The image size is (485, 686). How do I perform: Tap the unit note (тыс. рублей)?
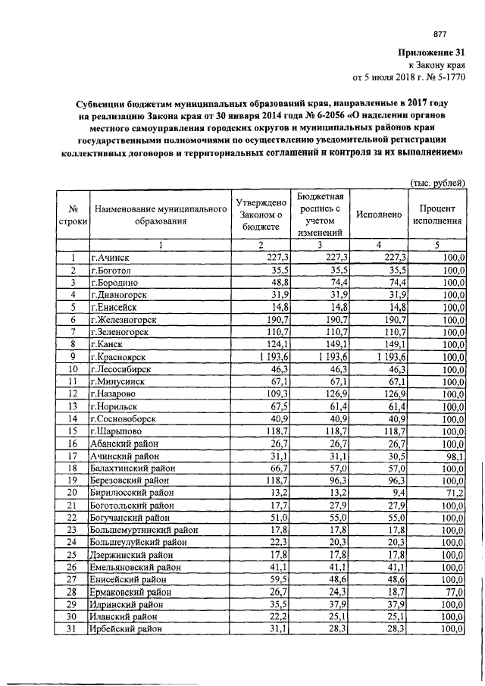tap(437, 182)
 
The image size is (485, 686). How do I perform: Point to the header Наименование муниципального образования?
tap(160, 215)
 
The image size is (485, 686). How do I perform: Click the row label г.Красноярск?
tap(119, 356)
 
